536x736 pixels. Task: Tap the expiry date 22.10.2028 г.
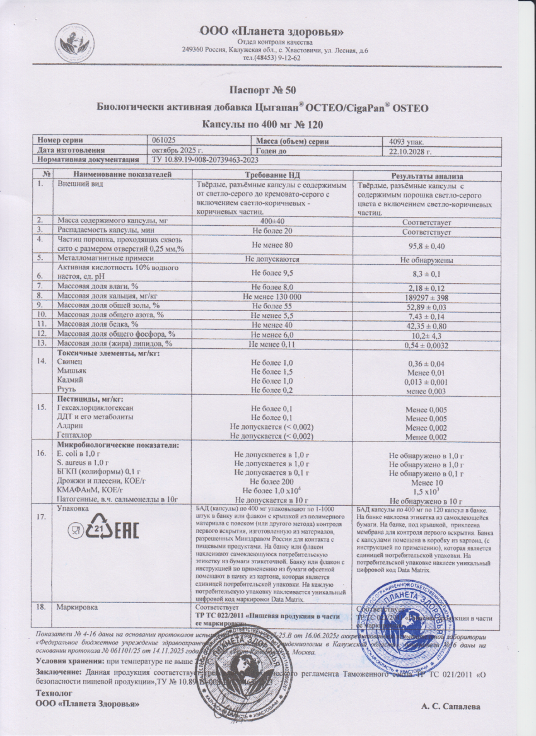point(410,151)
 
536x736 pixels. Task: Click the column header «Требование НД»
point(271,175)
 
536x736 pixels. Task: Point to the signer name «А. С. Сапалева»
point(452,706)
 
